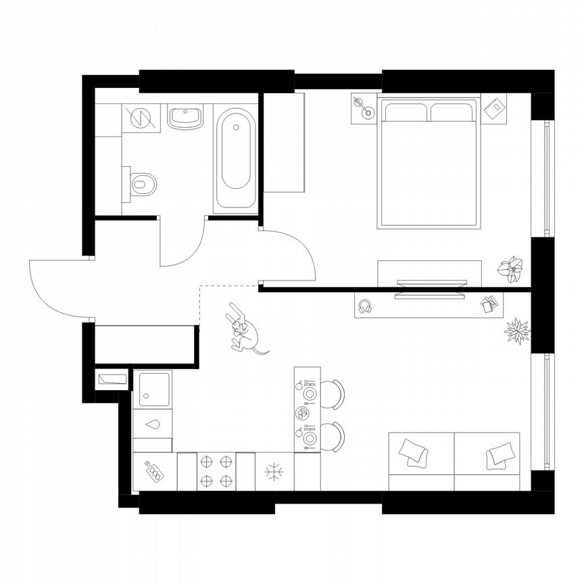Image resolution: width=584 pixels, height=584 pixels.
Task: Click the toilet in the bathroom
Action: [142, 182]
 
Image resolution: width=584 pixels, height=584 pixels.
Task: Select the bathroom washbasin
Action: [185, 118]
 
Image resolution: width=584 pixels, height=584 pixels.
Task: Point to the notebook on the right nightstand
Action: [493, 107]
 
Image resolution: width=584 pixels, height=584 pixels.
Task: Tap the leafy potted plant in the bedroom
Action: [511, 268]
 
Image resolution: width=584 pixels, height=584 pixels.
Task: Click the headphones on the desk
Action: [366, 306]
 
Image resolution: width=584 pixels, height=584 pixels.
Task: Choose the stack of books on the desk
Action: [489, 305]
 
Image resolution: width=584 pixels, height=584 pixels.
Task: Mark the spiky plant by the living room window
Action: [518, 331]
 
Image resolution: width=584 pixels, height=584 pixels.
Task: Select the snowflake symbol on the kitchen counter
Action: [274, 471]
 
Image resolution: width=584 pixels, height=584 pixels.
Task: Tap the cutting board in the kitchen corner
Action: [155, 470]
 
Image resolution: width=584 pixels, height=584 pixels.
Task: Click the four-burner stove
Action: [216, 471]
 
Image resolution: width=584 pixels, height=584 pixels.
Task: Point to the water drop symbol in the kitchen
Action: [153, 425]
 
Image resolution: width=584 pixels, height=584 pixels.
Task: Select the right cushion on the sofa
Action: [500, 454]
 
